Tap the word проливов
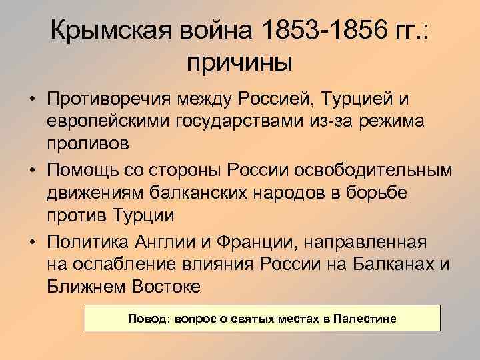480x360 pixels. [x=84, y=145]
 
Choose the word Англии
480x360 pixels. [x=173, y=239]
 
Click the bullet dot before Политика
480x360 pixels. [x=32, y=240]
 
